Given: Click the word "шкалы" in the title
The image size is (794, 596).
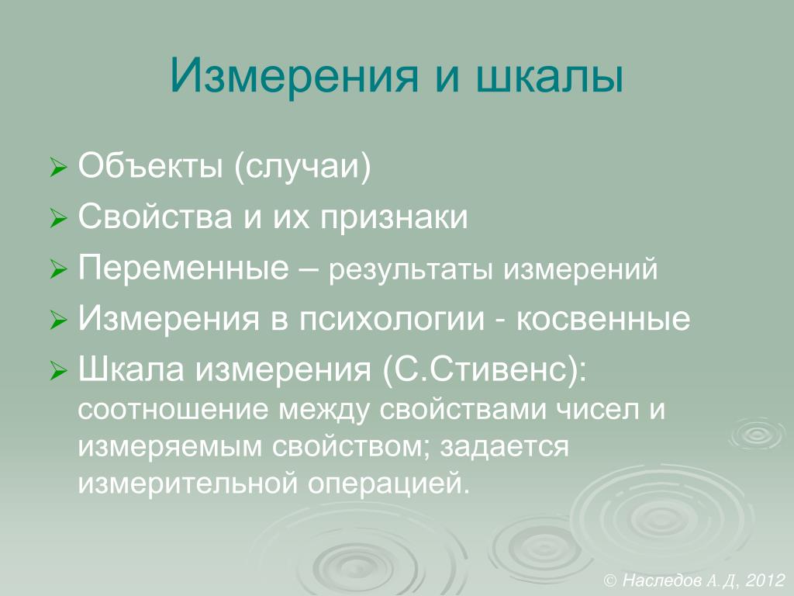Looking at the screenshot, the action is click(550, 77).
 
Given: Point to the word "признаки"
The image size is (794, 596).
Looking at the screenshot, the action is click(393, 218).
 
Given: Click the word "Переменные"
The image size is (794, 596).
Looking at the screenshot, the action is click(183, 267).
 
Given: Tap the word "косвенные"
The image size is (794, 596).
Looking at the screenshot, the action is click(603, 319).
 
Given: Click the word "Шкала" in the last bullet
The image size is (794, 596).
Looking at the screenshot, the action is click(130, 369).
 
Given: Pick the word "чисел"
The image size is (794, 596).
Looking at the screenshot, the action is click(595, 410).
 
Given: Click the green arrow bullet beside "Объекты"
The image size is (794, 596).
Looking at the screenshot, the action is click(58, 168).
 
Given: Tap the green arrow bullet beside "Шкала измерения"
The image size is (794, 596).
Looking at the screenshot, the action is click(58, 372).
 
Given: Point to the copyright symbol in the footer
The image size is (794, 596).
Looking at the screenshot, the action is click(611, 580).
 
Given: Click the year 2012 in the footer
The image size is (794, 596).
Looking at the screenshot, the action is click(765, 580).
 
